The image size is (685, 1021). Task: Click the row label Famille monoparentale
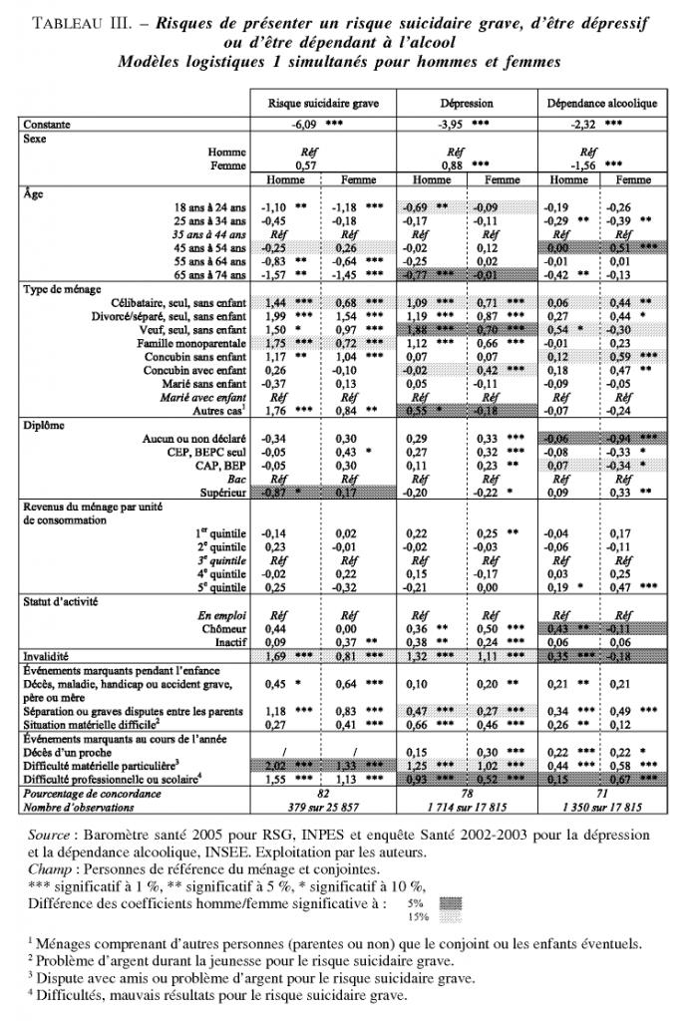tap(195, 341)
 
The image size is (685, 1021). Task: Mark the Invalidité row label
tap(50, 658)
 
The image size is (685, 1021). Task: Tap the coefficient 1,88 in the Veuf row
tap(417, 328)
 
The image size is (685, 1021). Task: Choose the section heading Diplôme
tap(43, 422)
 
